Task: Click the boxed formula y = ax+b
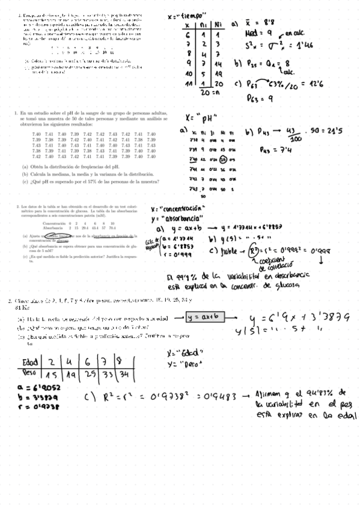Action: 205,316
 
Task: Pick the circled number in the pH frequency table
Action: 223,159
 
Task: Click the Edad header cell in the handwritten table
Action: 29,362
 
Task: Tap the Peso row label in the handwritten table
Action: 29,373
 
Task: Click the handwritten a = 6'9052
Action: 36,387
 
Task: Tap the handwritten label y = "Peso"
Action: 180,363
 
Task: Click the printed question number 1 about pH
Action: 15,112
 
